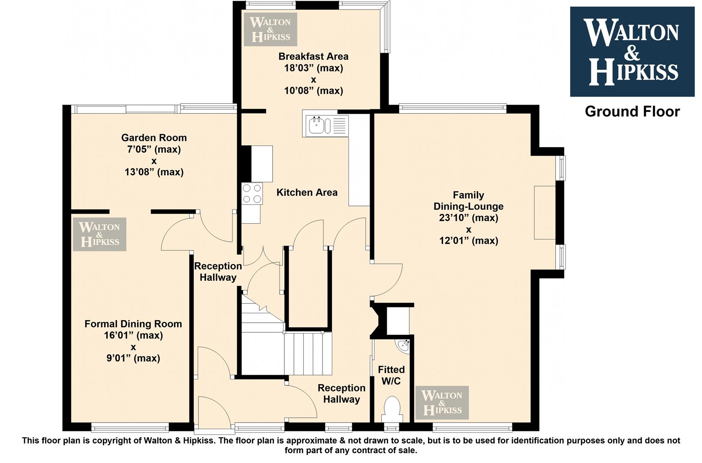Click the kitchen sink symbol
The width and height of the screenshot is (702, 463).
325,126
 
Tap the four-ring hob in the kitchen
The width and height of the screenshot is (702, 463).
252,194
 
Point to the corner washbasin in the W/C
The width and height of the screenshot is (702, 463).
404,346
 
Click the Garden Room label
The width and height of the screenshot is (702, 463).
154,138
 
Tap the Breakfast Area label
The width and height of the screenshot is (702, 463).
313,57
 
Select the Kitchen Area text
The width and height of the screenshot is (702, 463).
307,192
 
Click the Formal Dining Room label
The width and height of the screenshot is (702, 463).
133,324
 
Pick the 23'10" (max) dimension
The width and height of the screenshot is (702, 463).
469,218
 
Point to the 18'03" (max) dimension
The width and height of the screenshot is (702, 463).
313,68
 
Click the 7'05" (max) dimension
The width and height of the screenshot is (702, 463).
154,150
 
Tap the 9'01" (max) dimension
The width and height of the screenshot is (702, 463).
133,358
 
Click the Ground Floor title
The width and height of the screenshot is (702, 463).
633,112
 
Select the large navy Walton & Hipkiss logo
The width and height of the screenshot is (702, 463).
632,52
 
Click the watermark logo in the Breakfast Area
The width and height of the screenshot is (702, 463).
271,30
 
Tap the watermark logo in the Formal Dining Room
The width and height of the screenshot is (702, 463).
99,235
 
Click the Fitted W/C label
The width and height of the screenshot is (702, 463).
391,375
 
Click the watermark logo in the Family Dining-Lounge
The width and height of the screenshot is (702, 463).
442,403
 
